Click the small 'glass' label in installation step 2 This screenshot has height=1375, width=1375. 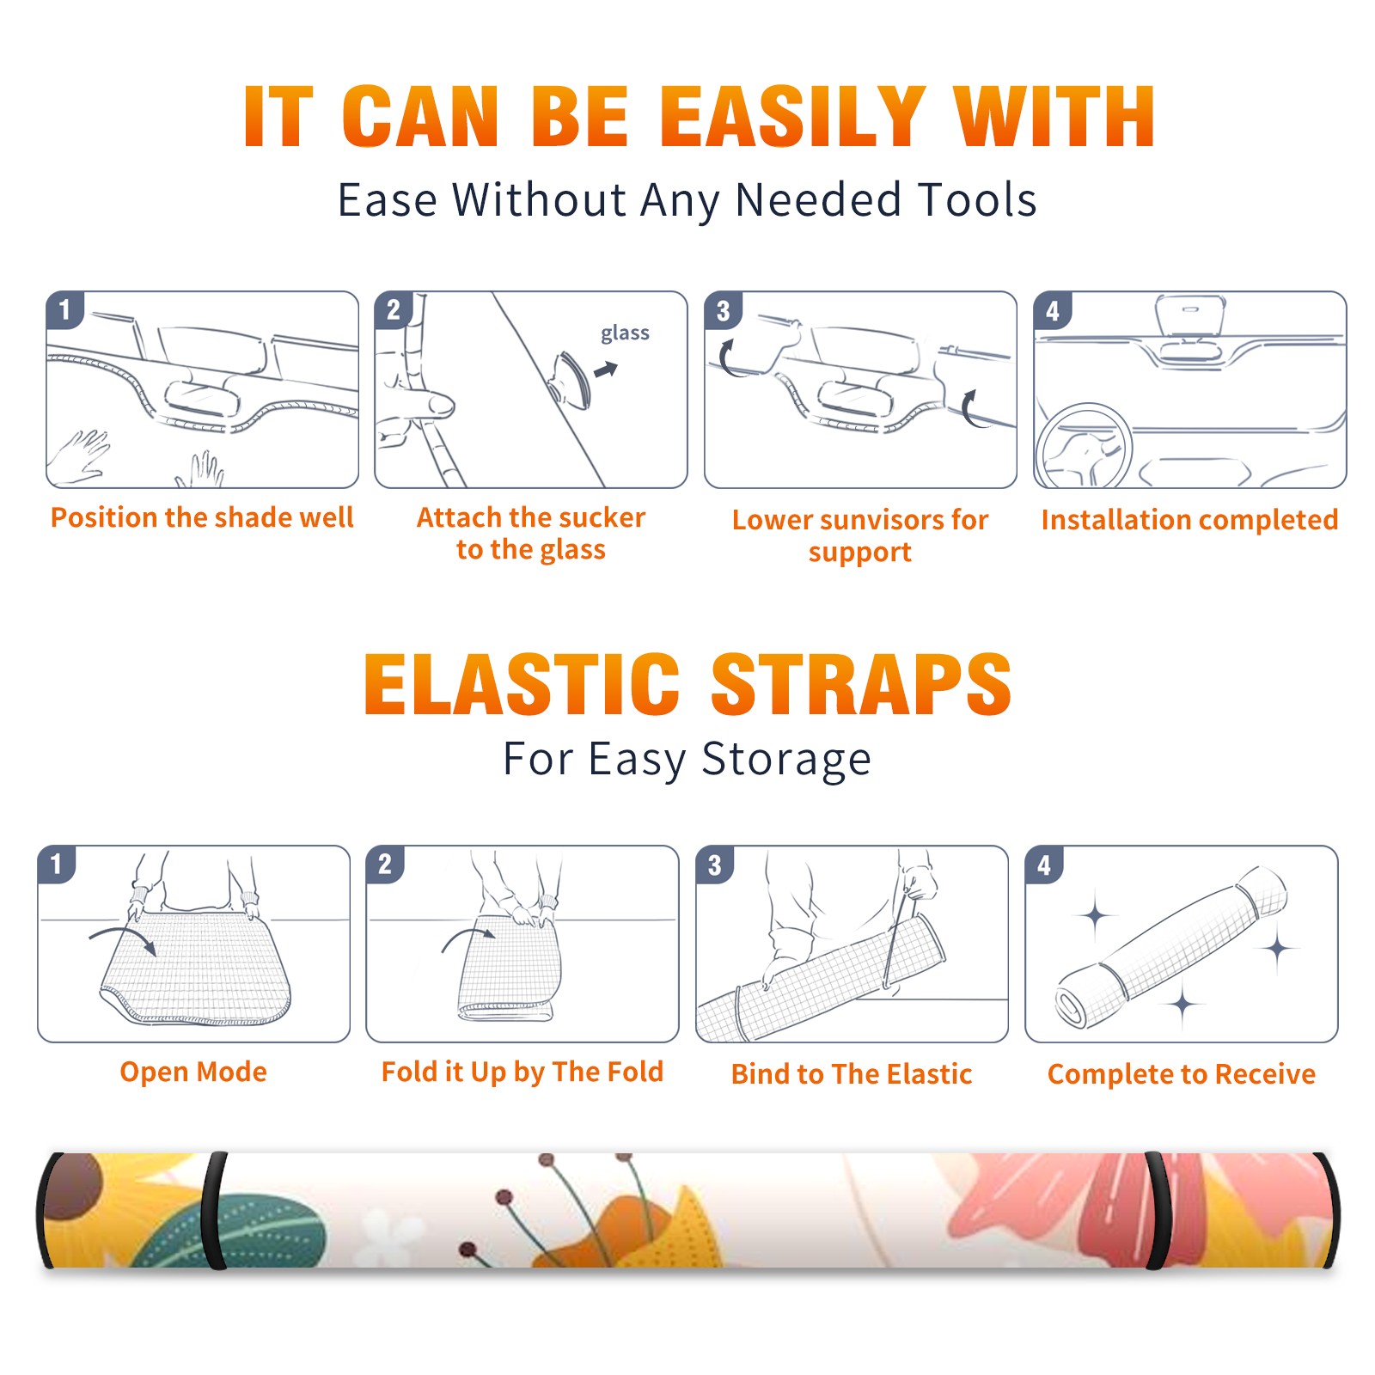(625, 333)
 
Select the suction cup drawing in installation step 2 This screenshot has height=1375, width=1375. (571, 378)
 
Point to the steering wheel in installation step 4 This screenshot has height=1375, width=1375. (1083, 447)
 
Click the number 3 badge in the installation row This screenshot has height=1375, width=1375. (723, 310)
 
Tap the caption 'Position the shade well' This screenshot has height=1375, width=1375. (202, 517)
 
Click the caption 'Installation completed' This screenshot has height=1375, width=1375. (1189, 519)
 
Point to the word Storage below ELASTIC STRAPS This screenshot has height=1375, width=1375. (786, 760)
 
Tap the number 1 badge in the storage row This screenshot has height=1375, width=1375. (57, 865)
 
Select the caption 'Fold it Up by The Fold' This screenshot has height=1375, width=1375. (522, 1072)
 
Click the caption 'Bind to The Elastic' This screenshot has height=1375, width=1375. (852, 1074)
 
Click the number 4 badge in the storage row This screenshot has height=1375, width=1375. (1044, 865)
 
